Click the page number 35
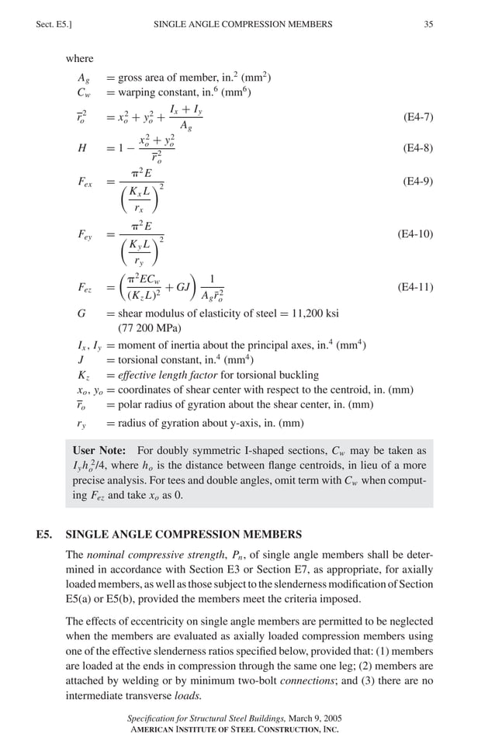coord(428,25)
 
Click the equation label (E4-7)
coord(418,117)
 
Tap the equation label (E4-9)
coord(418,182)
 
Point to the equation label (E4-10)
coord(415,234)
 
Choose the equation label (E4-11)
coord(415,287)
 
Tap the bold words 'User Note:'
coord(100,451)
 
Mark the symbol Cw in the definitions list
coord(85,93)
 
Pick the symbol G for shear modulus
coord(81,313)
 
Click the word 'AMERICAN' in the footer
coord(155,729)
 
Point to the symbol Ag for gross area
coord(84,78)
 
